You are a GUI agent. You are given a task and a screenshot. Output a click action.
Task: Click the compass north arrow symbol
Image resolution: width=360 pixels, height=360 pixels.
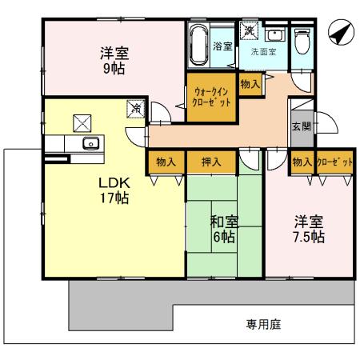[339, 33]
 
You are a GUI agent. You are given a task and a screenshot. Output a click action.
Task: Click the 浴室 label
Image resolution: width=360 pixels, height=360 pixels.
[223, 46]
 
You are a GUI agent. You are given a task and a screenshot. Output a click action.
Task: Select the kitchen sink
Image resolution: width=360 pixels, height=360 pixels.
[90, 144]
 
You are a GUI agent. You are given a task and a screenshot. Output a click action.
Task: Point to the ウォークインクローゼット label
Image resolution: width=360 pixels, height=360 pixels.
[212, 97]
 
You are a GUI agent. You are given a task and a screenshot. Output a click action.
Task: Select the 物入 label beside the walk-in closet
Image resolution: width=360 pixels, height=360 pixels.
[250, 83]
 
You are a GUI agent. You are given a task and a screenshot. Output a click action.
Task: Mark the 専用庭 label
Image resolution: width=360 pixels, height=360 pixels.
[262, 325]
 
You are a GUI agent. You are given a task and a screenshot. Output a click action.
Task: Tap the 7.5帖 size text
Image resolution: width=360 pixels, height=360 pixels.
[307, 238]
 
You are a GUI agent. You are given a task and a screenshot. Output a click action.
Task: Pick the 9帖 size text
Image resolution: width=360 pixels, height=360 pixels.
[113, 69]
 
